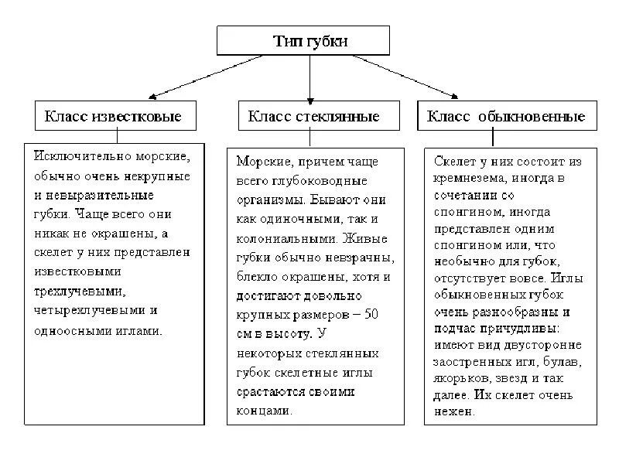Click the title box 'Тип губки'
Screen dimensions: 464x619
pos(310,41)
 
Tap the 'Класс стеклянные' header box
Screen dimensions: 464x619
pos(313,117)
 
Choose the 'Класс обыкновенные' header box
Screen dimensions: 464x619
pos(507,117)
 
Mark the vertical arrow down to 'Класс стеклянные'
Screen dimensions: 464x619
pos(310,77)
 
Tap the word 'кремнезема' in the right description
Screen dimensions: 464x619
pos(470,179)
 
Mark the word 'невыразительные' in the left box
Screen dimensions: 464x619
pos(90,195)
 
